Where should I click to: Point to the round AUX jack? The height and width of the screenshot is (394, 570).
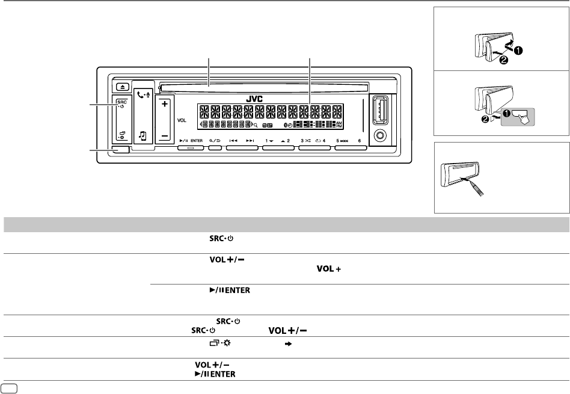tap(381, 135)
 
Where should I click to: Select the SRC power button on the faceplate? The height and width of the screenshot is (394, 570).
tap(121, 104)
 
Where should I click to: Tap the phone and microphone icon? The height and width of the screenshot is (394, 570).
tap(143, 94)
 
